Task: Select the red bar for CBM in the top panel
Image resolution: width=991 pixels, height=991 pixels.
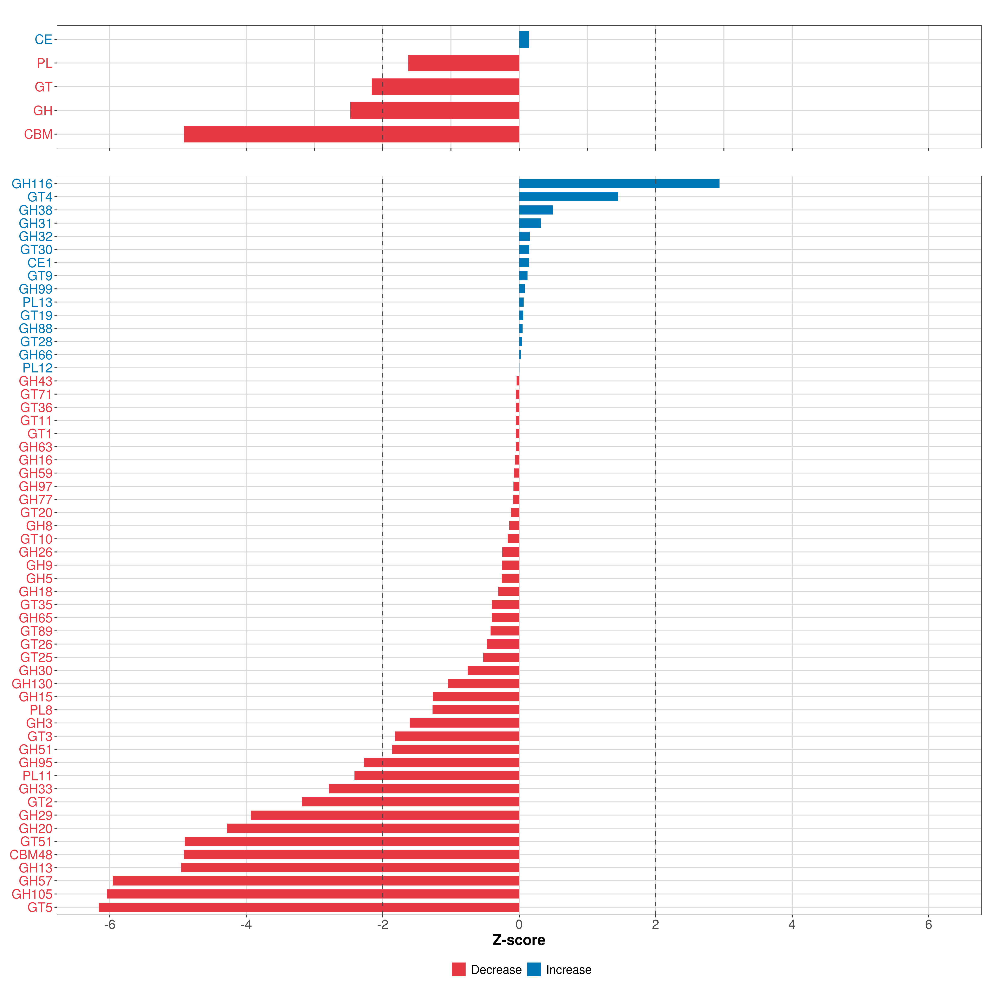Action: pos(351,134)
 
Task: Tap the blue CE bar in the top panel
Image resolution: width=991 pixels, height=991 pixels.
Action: pos(524,39)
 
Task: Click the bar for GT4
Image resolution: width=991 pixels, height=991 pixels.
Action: pos(568,197)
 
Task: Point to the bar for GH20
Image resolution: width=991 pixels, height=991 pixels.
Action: pos(373,828)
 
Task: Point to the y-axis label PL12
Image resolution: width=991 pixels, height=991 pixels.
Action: pos(37,368)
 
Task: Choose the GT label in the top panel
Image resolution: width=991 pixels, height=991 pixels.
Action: pos(43,87)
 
